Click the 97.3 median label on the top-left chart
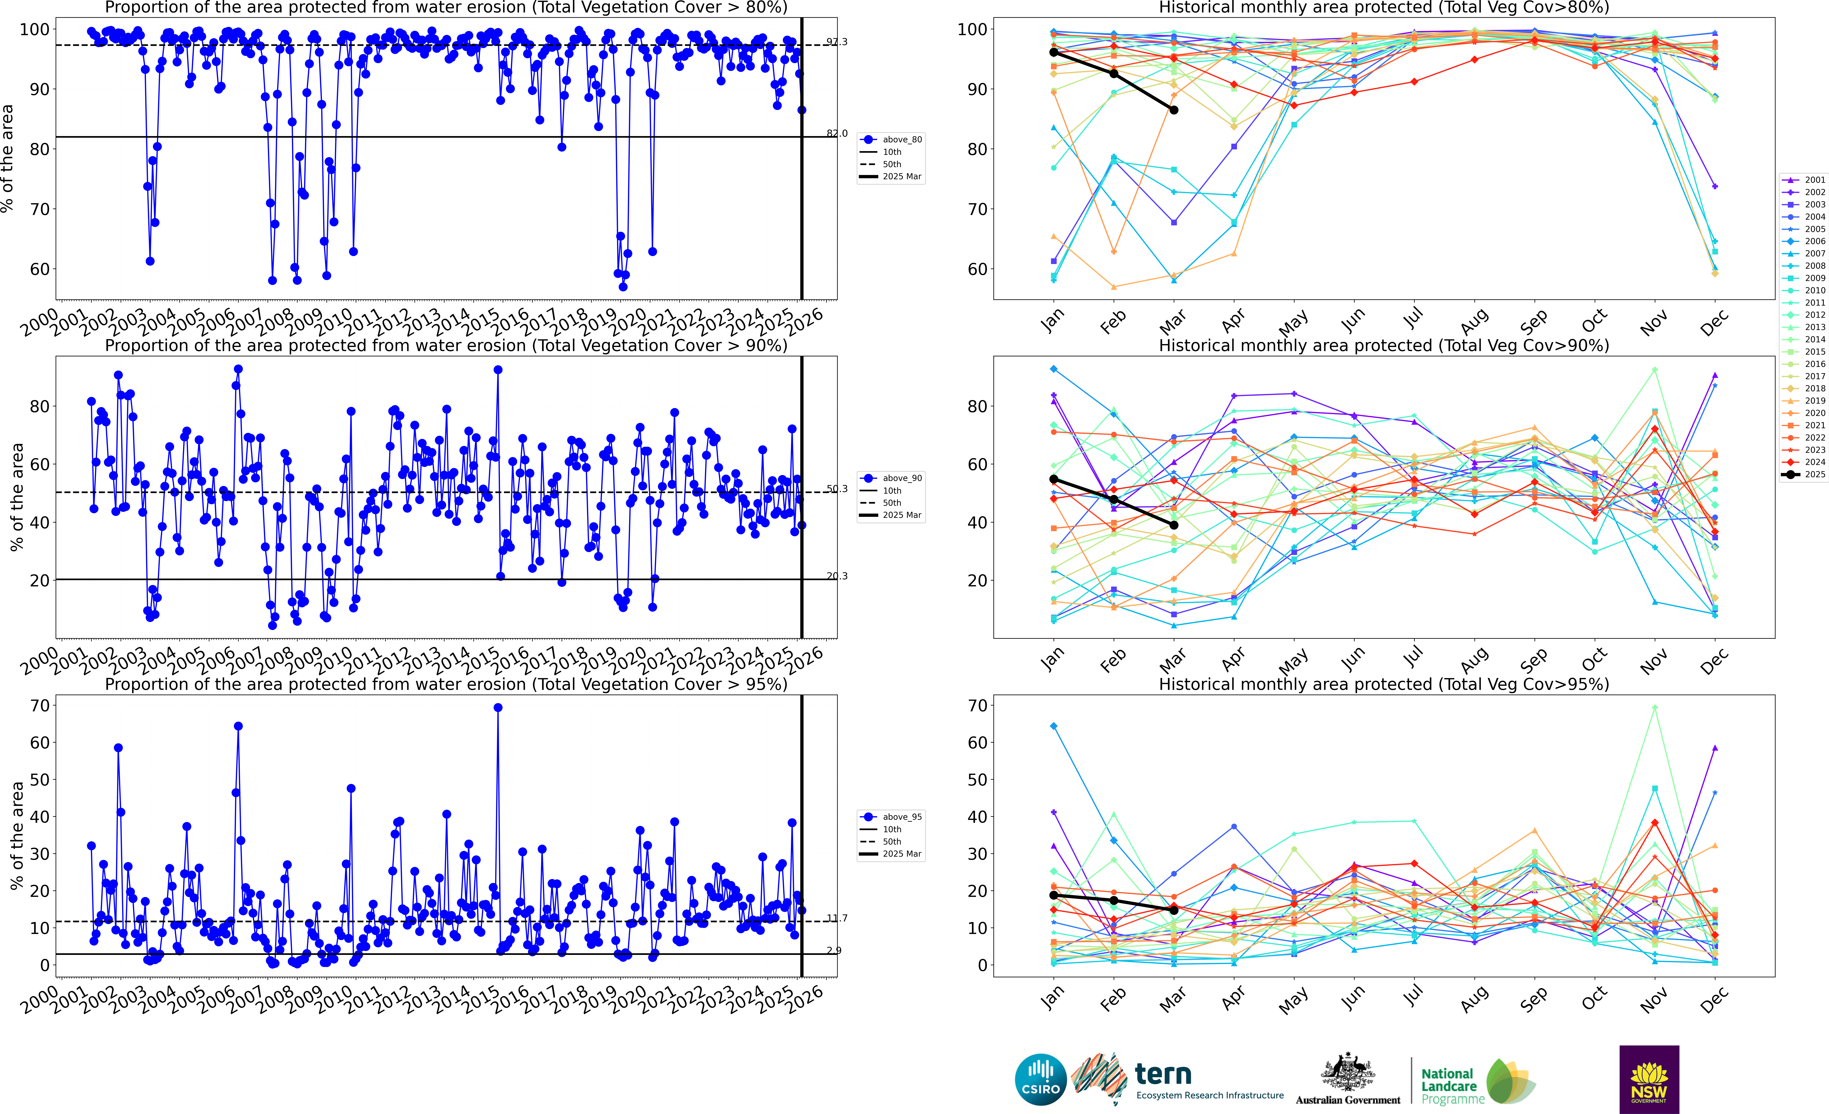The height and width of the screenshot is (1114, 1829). click(837, 42)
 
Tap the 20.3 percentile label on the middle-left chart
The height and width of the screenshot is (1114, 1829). click(837, 576)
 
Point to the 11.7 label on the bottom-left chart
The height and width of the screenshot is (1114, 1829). click(837, 918)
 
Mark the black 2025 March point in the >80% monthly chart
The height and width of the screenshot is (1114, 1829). click(1174, 110)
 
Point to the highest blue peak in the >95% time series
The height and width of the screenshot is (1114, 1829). click(498, 708)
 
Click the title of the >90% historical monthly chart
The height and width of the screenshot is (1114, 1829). click(1384, 345)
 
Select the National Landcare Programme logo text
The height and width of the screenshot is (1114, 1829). click(1451, 1086)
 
